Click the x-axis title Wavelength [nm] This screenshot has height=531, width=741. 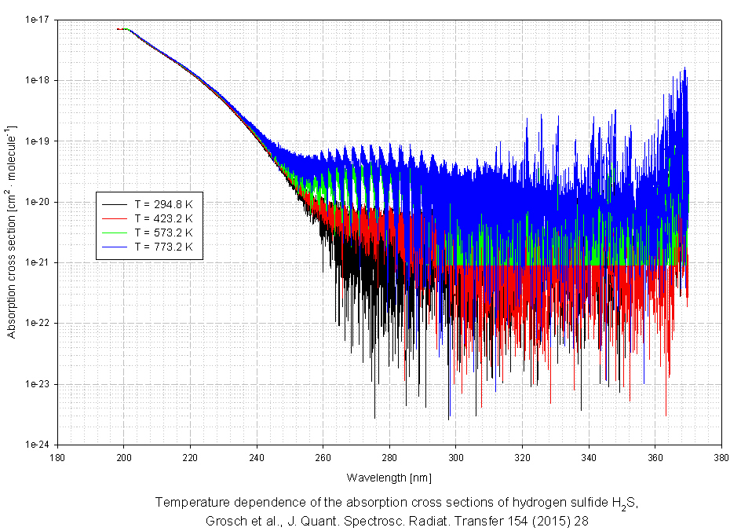click(389, 477)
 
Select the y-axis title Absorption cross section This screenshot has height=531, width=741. click(12, 232)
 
